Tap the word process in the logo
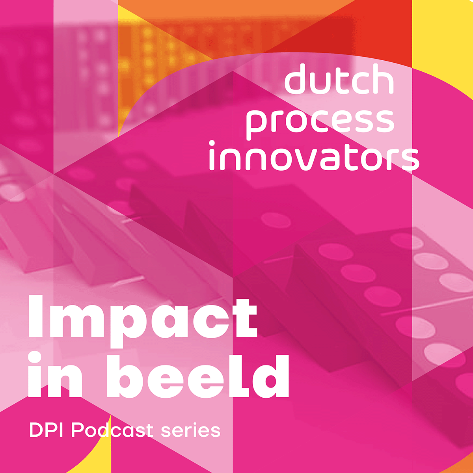[x=320, y=121]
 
